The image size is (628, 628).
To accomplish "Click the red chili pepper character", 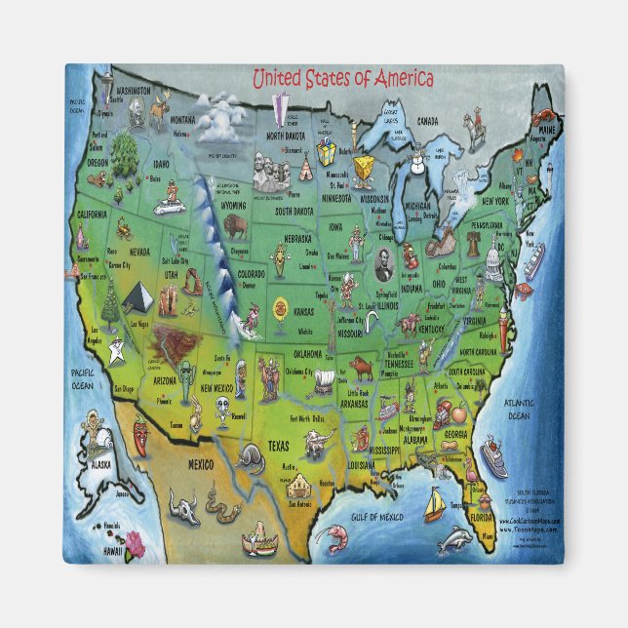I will click(140, 434).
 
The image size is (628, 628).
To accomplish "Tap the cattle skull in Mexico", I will click(183, 506).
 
